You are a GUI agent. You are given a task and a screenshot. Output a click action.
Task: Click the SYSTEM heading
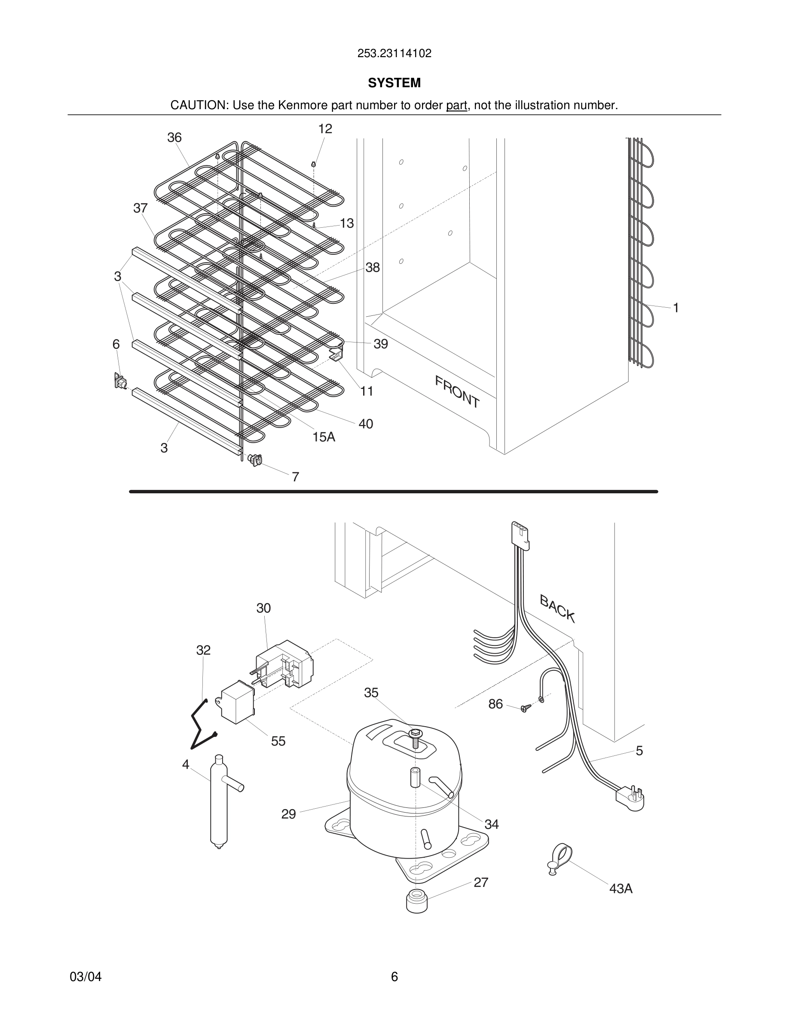click(394, 83)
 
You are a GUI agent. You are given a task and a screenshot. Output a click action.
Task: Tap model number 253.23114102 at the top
click(394, 53)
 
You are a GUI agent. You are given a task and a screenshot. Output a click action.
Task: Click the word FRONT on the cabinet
click(457, 392)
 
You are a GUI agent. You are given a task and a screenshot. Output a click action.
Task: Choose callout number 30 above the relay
click(263, 608)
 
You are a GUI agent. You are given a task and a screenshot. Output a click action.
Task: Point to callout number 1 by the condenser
click(676, 308)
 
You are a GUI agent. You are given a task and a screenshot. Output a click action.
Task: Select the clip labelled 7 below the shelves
click(255, 460)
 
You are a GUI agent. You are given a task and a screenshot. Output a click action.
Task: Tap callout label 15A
click(324, 437)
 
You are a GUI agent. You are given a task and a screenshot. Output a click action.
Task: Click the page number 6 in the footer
click(394, 977)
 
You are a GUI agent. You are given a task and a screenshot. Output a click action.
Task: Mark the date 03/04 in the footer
click(86, 977)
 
